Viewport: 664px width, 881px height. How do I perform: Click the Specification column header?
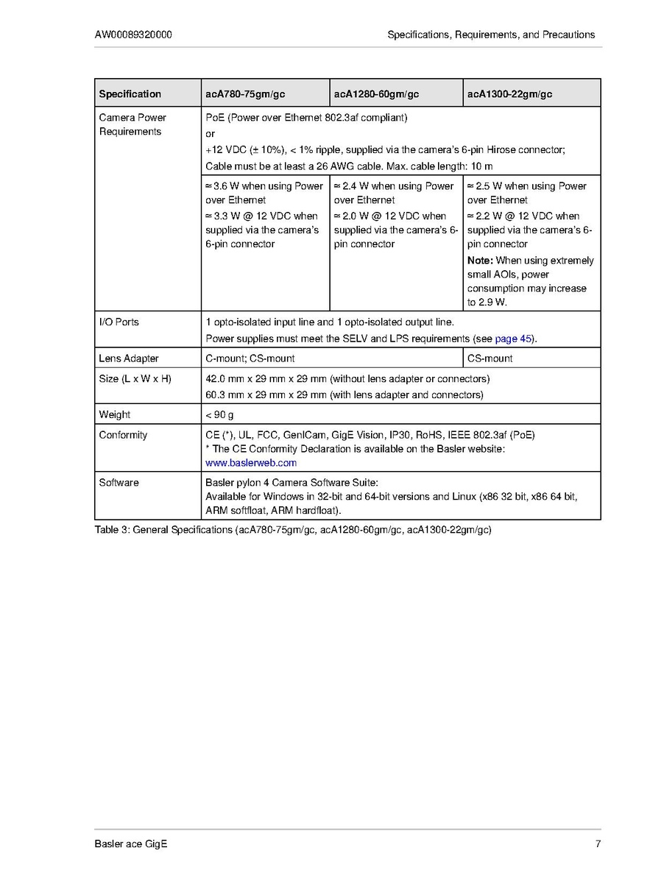pos(130,94)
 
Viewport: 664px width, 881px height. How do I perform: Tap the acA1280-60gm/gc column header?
pos(376,94)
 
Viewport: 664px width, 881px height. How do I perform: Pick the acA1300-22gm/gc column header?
pos(509,94)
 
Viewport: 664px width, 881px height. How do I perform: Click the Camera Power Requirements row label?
pos(133,124)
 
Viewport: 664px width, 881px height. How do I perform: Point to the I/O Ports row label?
pos(119,322)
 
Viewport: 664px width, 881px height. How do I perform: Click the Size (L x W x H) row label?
pos(135,379)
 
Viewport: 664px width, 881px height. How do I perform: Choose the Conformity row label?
pos(123,435)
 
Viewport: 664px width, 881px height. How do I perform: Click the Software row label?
pos(119,483)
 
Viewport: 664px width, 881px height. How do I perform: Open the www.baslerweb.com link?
pos(250,463)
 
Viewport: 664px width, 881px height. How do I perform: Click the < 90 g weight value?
pos(219,414)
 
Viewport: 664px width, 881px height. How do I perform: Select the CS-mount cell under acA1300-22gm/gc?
pos(490,358)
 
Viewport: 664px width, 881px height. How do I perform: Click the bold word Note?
pos(480,261)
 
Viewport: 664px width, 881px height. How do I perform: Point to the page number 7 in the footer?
pos(598,843)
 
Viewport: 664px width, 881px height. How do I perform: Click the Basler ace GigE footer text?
pos(130,843)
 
